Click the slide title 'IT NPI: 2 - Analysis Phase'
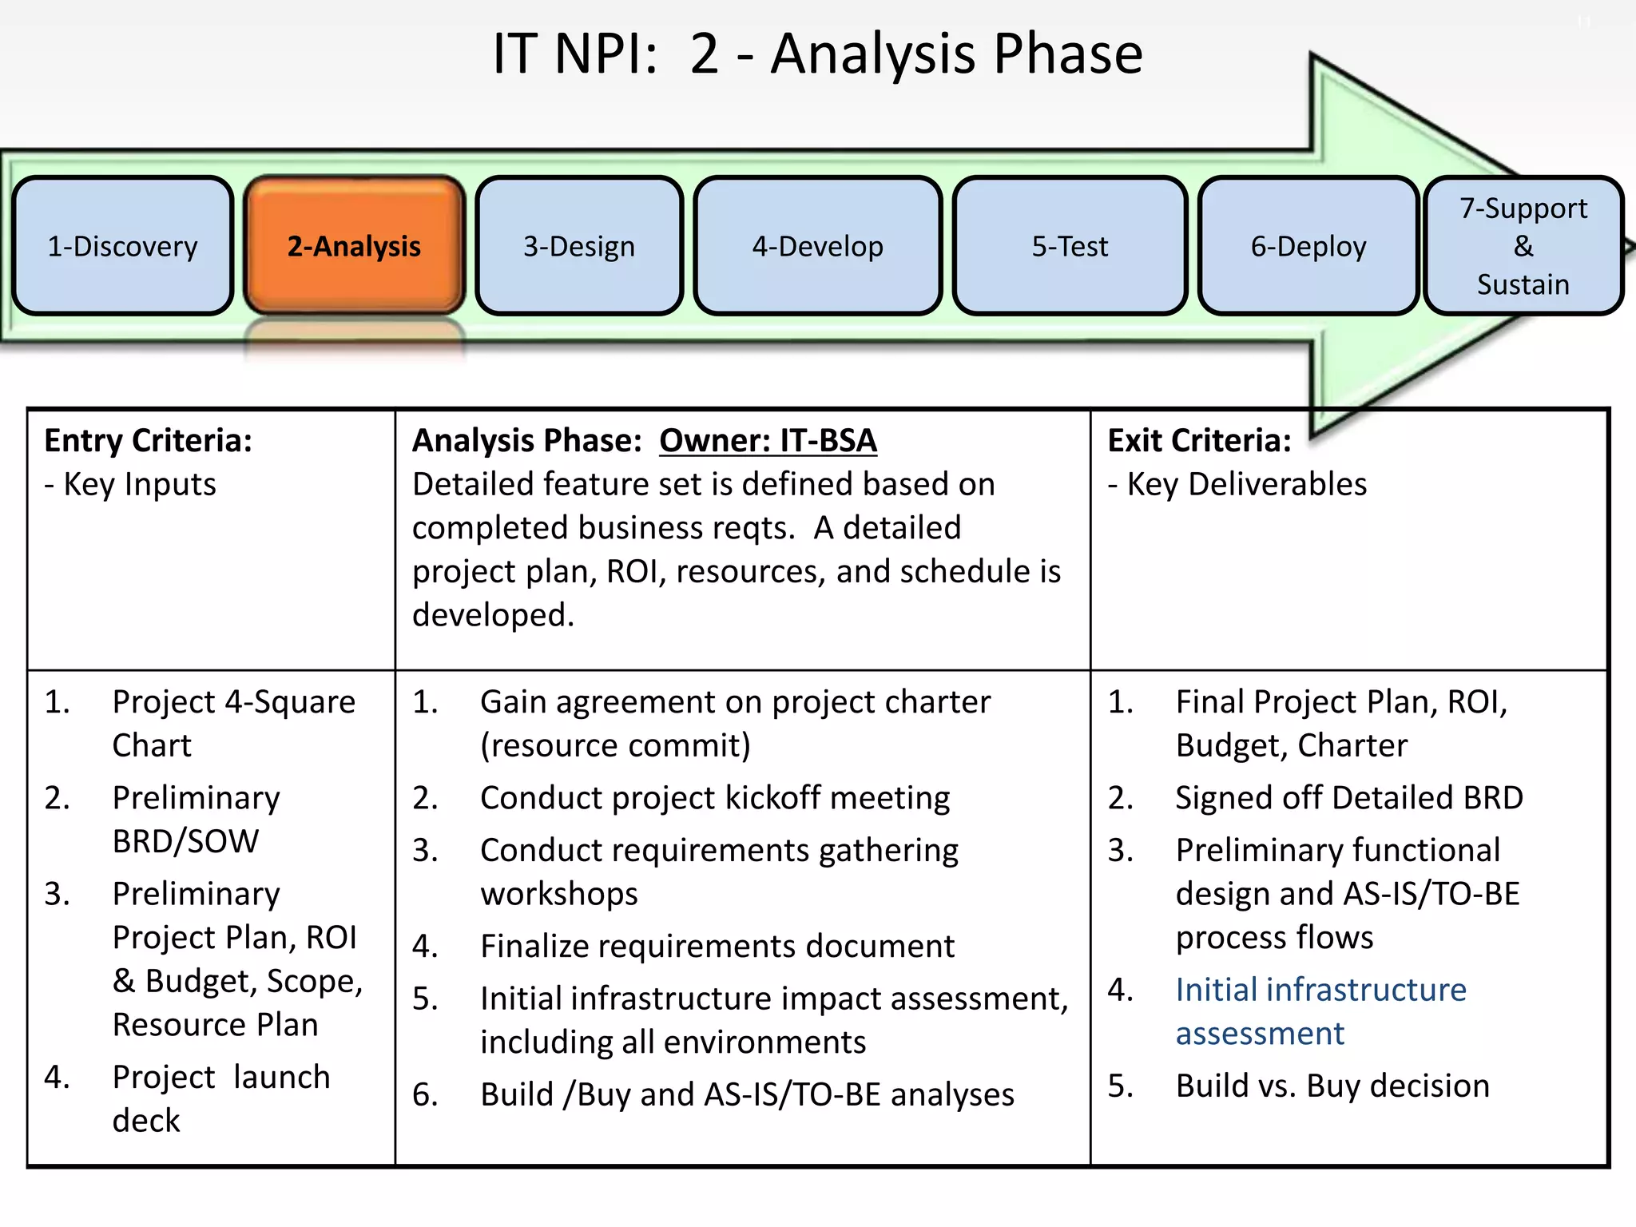[x=817, y=54]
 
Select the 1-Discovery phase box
[x=122, y=246]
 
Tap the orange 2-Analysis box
[x=354, y=246]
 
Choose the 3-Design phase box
[x=579, y=246]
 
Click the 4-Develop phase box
[x=817, y=246]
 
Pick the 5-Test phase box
[x=1070, y=246]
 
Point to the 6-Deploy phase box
[x=1308, y=246]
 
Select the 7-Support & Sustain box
[x=1523, y=246]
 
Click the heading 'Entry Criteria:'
[x=149, y=441]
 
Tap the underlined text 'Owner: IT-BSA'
[x=768, y=441]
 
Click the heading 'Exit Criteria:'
[x=1199, y=441]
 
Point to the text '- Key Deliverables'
[x=1237, y=485]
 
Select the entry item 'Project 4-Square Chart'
[x=233, y=723]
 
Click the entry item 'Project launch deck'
[x=220, y=1098]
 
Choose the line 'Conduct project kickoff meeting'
[x=714, y=798]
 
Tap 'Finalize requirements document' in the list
[x=717, y=947]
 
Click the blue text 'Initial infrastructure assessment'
[x=1320, y=1011]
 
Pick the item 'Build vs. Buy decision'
[x=1332, y=1086]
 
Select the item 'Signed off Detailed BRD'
[x=1348, y=798]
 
